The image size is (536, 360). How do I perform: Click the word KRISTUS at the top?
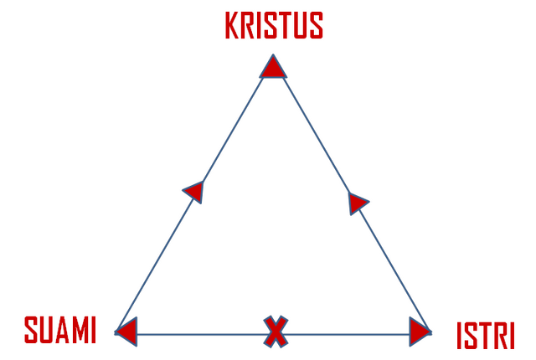coord(274,25)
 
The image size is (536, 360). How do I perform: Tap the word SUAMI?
coord(60,330)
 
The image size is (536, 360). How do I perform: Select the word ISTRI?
coord(486,336)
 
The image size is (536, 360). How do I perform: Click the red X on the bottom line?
coord(276,332)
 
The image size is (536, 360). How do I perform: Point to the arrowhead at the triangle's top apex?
coord(273,66)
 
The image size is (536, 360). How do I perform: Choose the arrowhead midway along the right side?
coord(358,203)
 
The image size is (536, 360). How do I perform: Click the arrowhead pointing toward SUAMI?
coord(126,332)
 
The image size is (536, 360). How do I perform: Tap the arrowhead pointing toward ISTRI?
coord(420,332)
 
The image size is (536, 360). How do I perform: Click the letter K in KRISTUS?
coord(232,25)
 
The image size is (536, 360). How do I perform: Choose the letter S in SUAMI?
coord(31,330)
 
